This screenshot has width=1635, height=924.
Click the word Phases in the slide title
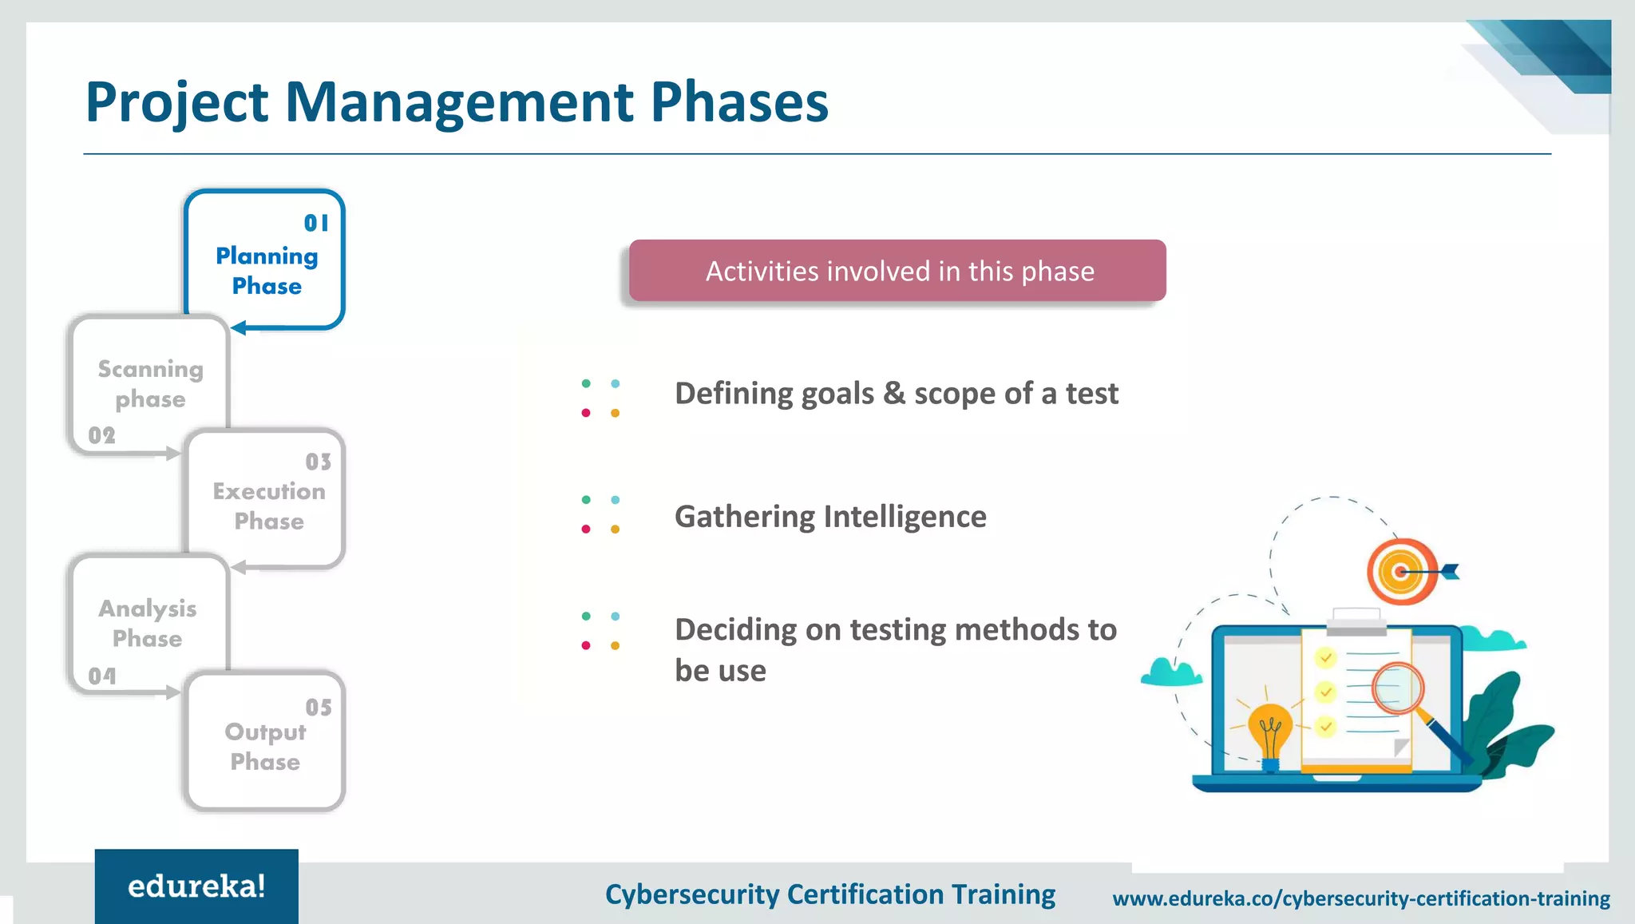click(x=739, y=102)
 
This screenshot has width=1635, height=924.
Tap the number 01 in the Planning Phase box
click(x=316, y=224)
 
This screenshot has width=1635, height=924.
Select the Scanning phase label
click(x=150, y=384)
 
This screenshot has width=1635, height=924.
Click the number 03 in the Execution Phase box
click(x=318, y=462)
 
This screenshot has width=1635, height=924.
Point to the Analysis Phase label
click(x=148, y=624)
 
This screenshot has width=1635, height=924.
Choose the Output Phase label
click(x=265, y=747)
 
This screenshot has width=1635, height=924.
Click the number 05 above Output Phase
click(x=318, y=708)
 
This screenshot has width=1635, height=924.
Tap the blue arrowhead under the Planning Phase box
click(x=239, y=328)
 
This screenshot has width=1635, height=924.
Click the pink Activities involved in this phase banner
click(x=897, y=271)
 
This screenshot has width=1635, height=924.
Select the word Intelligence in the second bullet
click(x=905, y=517)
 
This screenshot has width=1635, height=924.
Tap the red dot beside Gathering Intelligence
click(x=586, y=529)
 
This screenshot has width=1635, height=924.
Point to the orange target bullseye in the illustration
click(x=1401, y=572)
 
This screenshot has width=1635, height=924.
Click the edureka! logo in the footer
click(x=196, y=886)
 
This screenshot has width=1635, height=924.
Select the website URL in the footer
click(x=1360, y=898)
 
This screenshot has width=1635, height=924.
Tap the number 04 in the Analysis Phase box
click(x=102, y=676)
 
